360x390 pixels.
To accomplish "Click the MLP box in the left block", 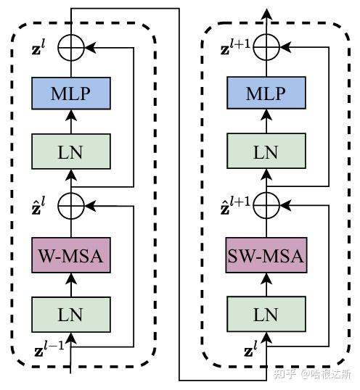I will tap(70, 94).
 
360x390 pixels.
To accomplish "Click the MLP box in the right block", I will tap(265, 94).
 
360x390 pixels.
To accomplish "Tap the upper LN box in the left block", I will tap(70, 152).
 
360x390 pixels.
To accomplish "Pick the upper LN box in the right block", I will tap(265, 152).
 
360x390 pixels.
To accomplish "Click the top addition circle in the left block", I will tap(70, 49).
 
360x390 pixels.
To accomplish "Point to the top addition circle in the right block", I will tap(266, 49).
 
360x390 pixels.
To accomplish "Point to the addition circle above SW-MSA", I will tap(266, 206).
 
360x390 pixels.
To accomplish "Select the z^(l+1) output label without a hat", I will tap(235, 49).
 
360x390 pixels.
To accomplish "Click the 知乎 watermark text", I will tap(288, 375).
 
